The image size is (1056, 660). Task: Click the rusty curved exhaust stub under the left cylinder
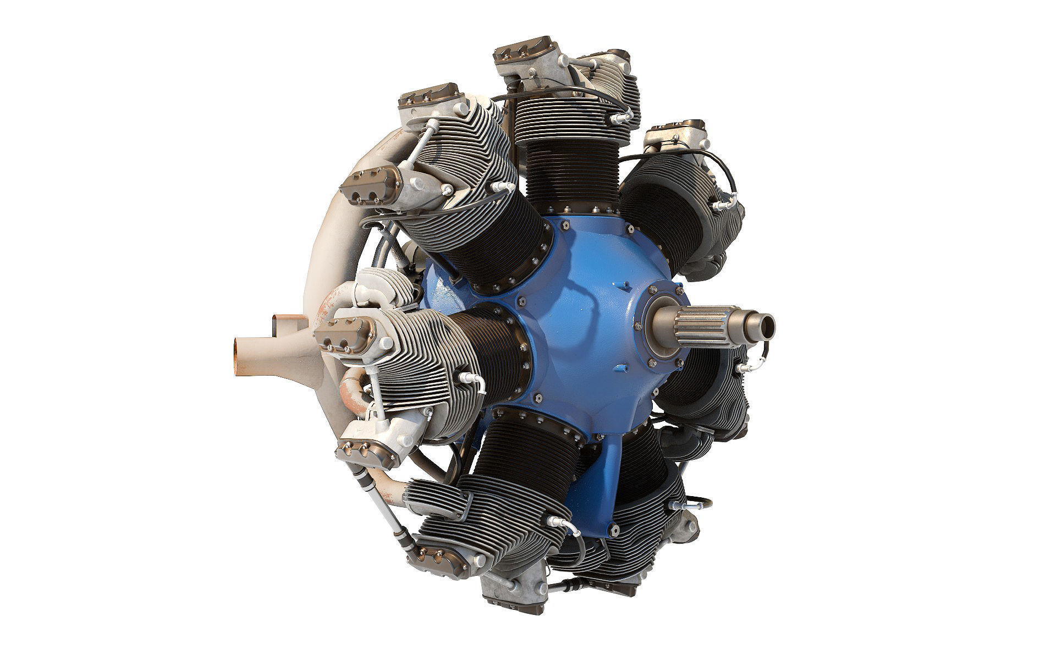click(352, 388)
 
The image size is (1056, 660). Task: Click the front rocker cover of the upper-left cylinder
click(366, 185)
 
